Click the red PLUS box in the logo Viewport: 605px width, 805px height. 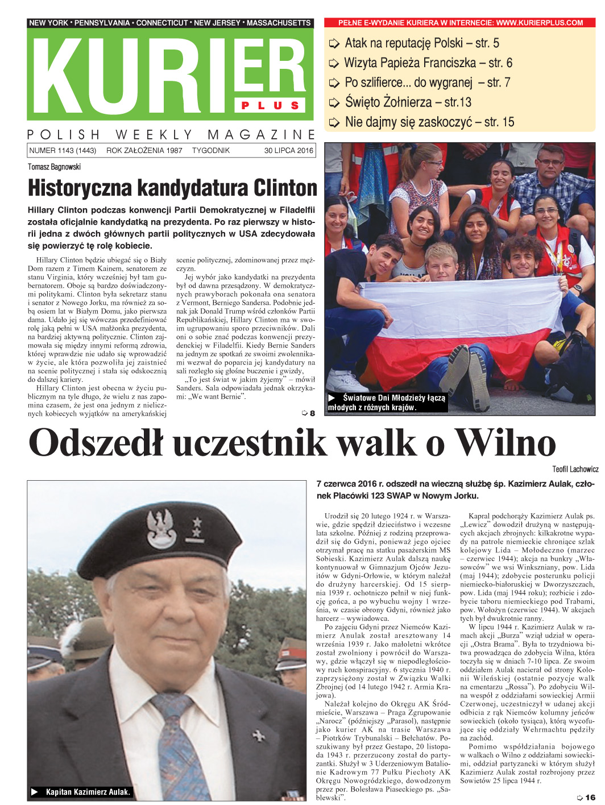pyautogui.click(x=270, y=105)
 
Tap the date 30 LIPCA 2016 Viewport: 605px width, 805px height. pyautogui.click(x=288, y=151)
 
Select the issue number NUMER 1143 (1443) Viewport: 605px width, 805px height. pyautogui.click(x=63, y=151)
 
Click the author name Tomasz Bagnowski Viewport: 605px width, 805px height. pyautogui.click(x=55, y=167)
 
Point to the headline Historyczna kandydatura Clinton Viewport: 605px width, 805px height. pyautogui.click(x=172, y=188)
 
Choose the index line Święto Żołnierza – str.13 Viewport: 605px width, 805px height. pyautogui.click(x=408, y=102)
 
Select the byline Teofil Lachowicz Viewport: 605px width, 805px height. pyautogui.click(x=575, y=469)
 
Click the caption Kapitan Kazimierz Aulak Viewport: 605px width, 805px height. pyautogui.click(x=88, y=792)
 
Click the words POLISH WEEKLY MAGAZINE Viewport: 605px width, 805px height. pyautogui.click(x=171, y=135)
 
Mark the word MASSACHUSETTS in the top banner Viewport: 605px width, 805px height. pyautogui.click(x=279, y=23)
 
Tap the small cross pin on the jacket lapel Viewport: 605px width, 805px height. pyautogui.click(x=259, y=736)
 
